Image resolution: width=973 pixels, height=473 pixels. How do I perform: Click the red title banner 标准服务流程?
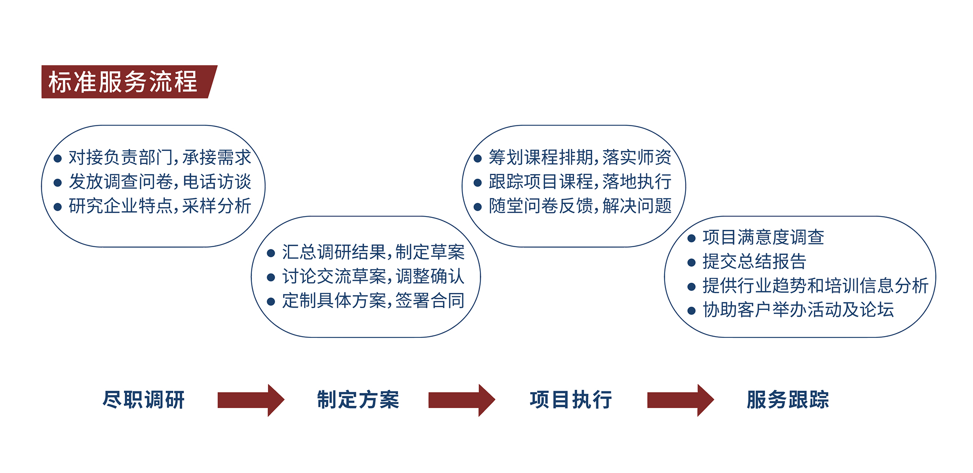129,82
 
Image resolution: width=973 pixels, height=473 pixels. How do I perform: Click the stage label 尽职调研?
144,400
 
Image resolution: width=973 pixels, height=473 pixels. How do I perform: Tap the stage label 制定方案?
358,400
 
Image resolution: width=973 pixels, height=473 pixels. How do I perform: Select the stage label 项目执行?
571,400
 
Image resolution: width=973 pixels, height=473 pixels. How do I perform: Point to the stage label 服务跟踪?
788,400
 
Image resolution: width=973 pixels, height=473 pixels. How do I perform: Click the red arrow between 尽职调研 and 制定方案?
251,400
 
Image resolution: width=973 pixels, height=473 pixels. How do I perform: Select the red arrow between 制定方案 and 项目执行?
462,400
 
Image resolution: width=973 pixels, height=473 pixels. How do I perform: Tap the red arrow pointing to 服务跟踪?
681,400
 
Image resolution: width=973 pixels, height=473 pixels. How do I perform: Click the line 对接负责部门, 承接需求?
160,157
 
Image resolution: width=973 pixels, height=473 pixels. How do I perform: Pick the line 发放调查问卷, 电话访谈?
160,182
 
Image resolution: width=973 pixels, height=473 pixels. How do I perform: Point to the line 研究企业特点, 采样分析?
160,206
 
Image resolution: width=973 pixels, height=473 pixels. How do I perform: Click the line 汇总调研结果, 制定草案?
373,252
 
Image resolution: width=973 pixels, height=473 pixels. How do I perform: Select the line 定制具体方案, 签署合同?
373,301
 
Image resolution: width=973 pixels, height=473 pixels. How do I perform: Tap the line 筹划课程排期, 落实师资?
580,157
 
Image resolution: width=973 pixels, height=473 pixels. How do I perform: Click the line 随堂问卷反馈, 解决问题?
580,206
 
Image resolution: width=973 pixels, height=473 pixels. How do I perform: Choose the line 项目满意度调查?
763,237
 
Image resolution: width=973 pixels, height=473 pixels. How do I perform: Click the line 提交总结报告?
754,261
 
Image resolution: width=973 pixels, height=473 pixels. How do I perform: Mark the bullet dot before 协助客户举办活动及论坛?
691,311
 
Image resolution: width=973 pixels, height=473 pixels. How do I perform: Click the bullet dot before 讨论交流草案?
271,277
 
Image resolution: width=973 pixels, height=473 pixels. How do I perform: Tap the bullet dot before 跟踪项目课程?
478,183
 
